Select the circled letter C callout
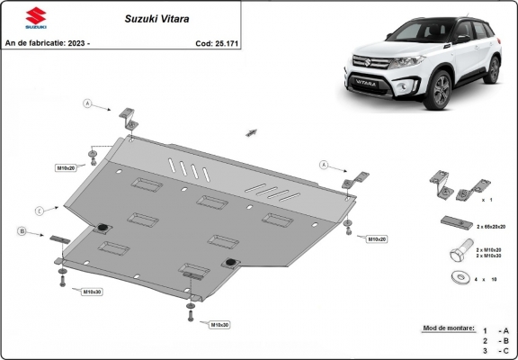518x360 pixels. tap(40, 211)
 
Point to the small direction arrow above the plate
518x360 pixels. tap(248, 132)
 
